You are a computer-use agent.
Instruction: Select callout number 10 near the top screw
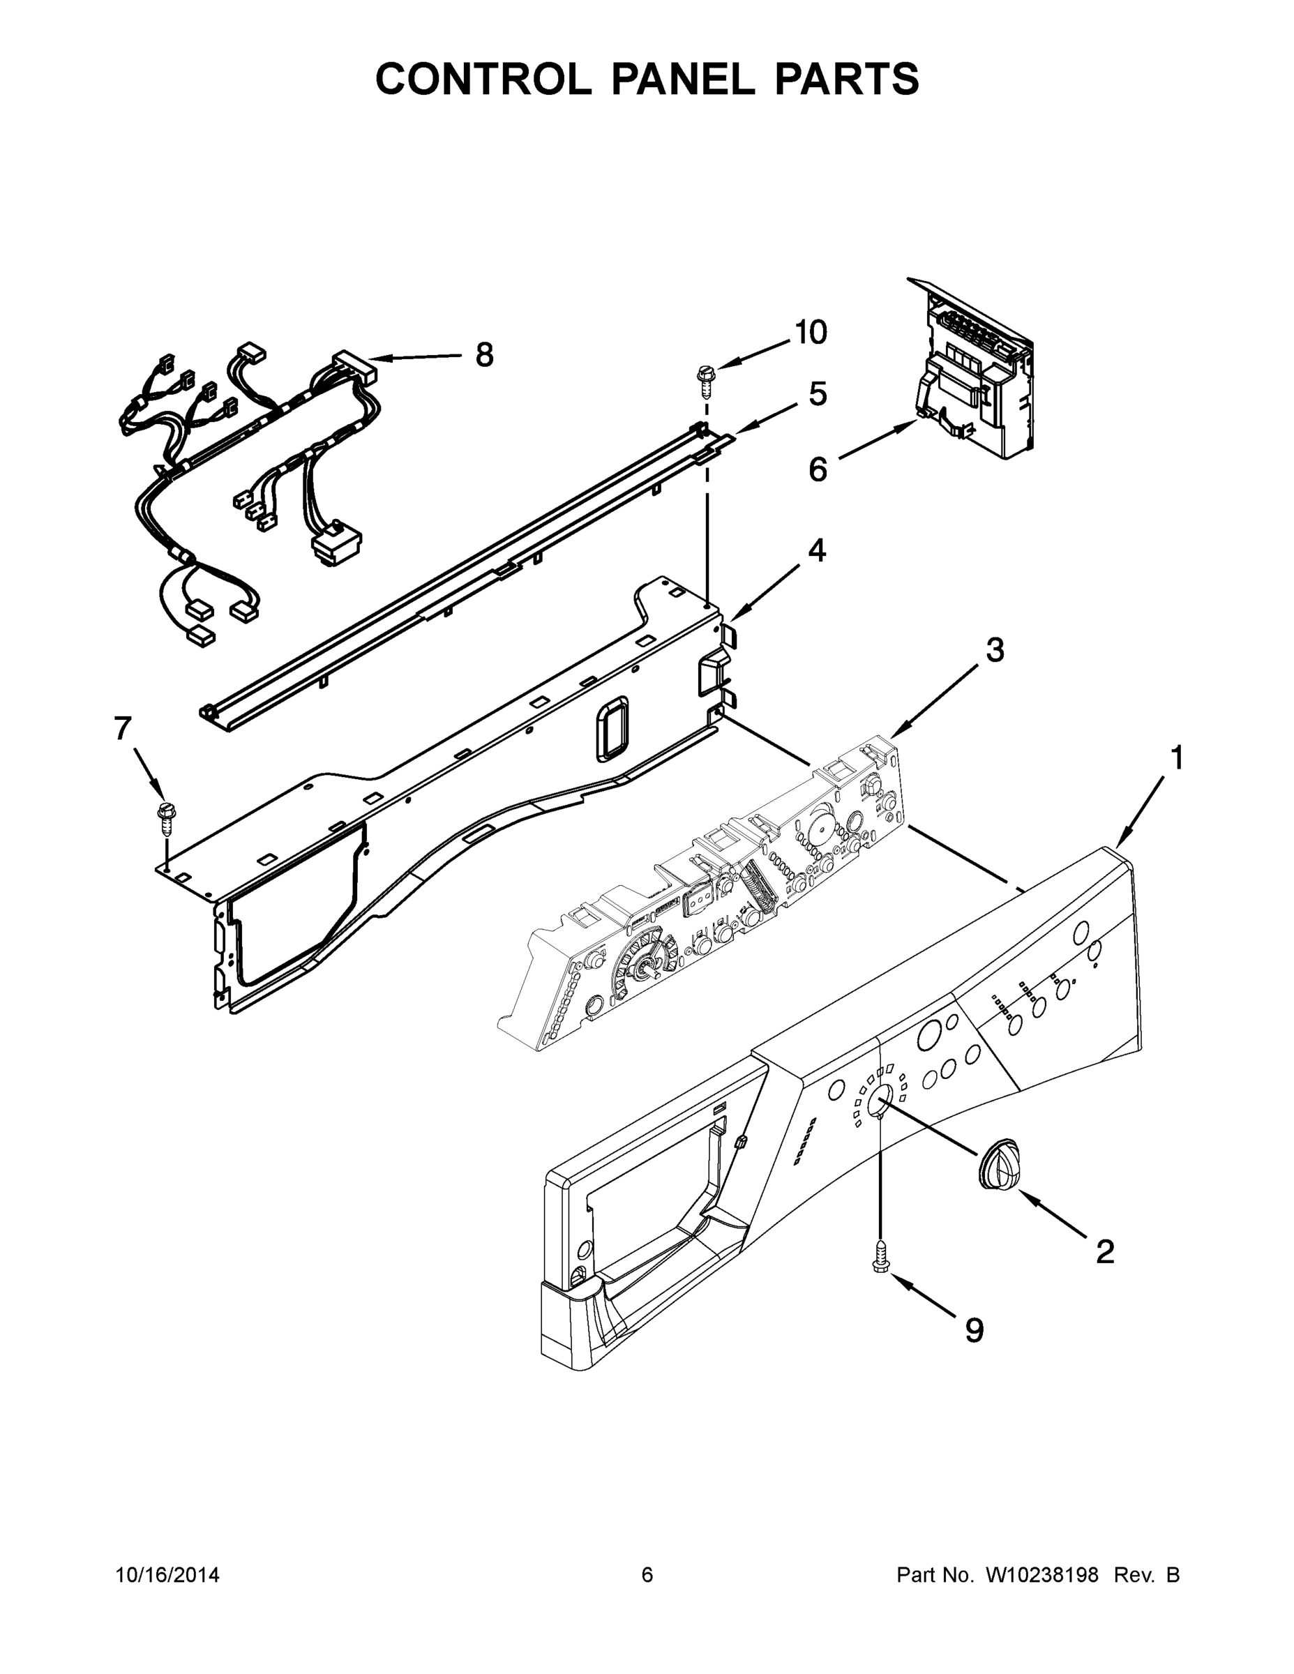click(811, 333)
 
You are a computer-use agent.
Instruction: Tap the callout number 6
click(818, 469)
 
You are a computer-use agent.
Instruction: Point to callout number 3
click(994, 650)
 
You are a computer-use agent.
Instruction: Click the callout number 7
click(123, 728)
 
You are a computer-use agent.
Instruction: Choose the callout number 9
click(974, 1331)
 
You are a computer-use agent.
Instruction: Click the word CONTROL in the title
click(482, 79)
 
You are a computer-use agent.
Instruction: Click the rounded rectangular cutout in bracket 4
click(612, 728)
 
